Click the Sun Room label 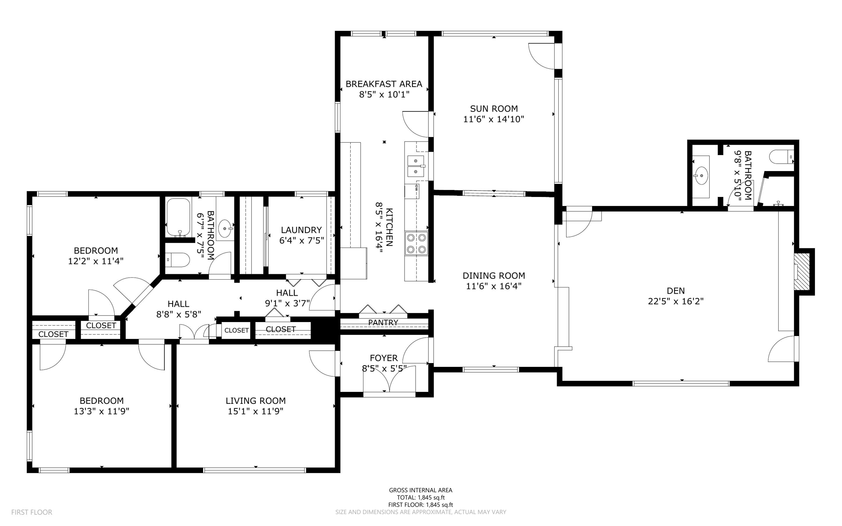click(493, 109)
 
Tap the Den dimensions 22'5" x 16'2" click(675, 301)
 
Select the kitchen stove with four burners click(416, 243)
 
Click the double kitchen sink click(416, 165)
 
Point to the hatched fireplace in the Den click(802, 271)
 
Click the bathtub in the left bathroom click(178, 218)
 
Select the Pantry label click(383, 322)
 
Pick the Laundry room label click(301, 230)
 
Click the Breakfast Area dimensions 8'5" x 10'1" click(384, 95)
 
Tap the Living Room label click(255, 401)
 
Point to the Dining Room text click(493, 276)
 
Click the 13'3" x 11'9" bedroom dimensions click(102, 411)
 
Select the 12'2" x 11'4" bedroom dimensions click(96, 261)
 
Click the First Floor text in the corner click(32, 512)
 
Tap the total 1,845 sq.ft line click(421, 497)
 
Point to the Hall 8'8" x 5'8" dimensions click(178, 315)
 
